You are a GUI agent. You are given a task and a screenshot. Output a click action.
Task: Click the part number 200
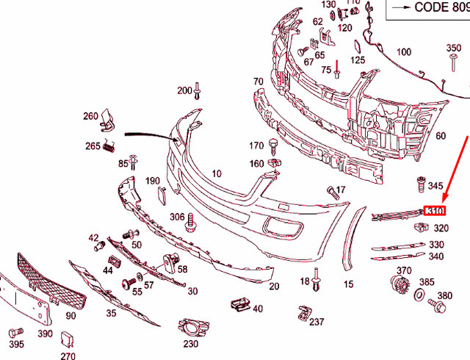(x=184, y=91)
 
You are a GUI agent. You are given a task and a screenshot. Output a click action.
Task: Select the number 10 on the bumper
(x=216, y=174)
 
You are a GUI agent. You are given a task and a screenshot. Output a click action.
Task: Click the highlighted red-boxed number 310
(x=436, y=212)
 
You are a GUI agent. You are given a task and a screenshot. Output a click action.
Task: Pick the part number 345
(x=436, y=187)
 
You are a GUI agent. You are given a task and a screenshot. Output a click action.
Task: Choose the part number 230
(x=191, y=343)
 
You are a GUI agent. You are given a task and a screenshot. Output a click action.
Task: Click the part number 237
(x=317, y=322)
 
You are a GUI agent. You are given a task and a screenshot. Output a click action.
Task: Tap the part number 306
(x=177, y=217)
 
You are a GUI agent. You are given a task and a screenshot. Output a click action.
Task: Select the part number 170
(x=256, y=145)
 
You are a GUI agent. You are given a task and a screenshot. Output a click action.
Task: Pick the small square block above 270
(x=67, y=339)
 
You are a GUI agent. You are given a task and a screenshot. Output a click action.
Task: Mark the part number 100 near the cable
(x=404, y=52)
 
